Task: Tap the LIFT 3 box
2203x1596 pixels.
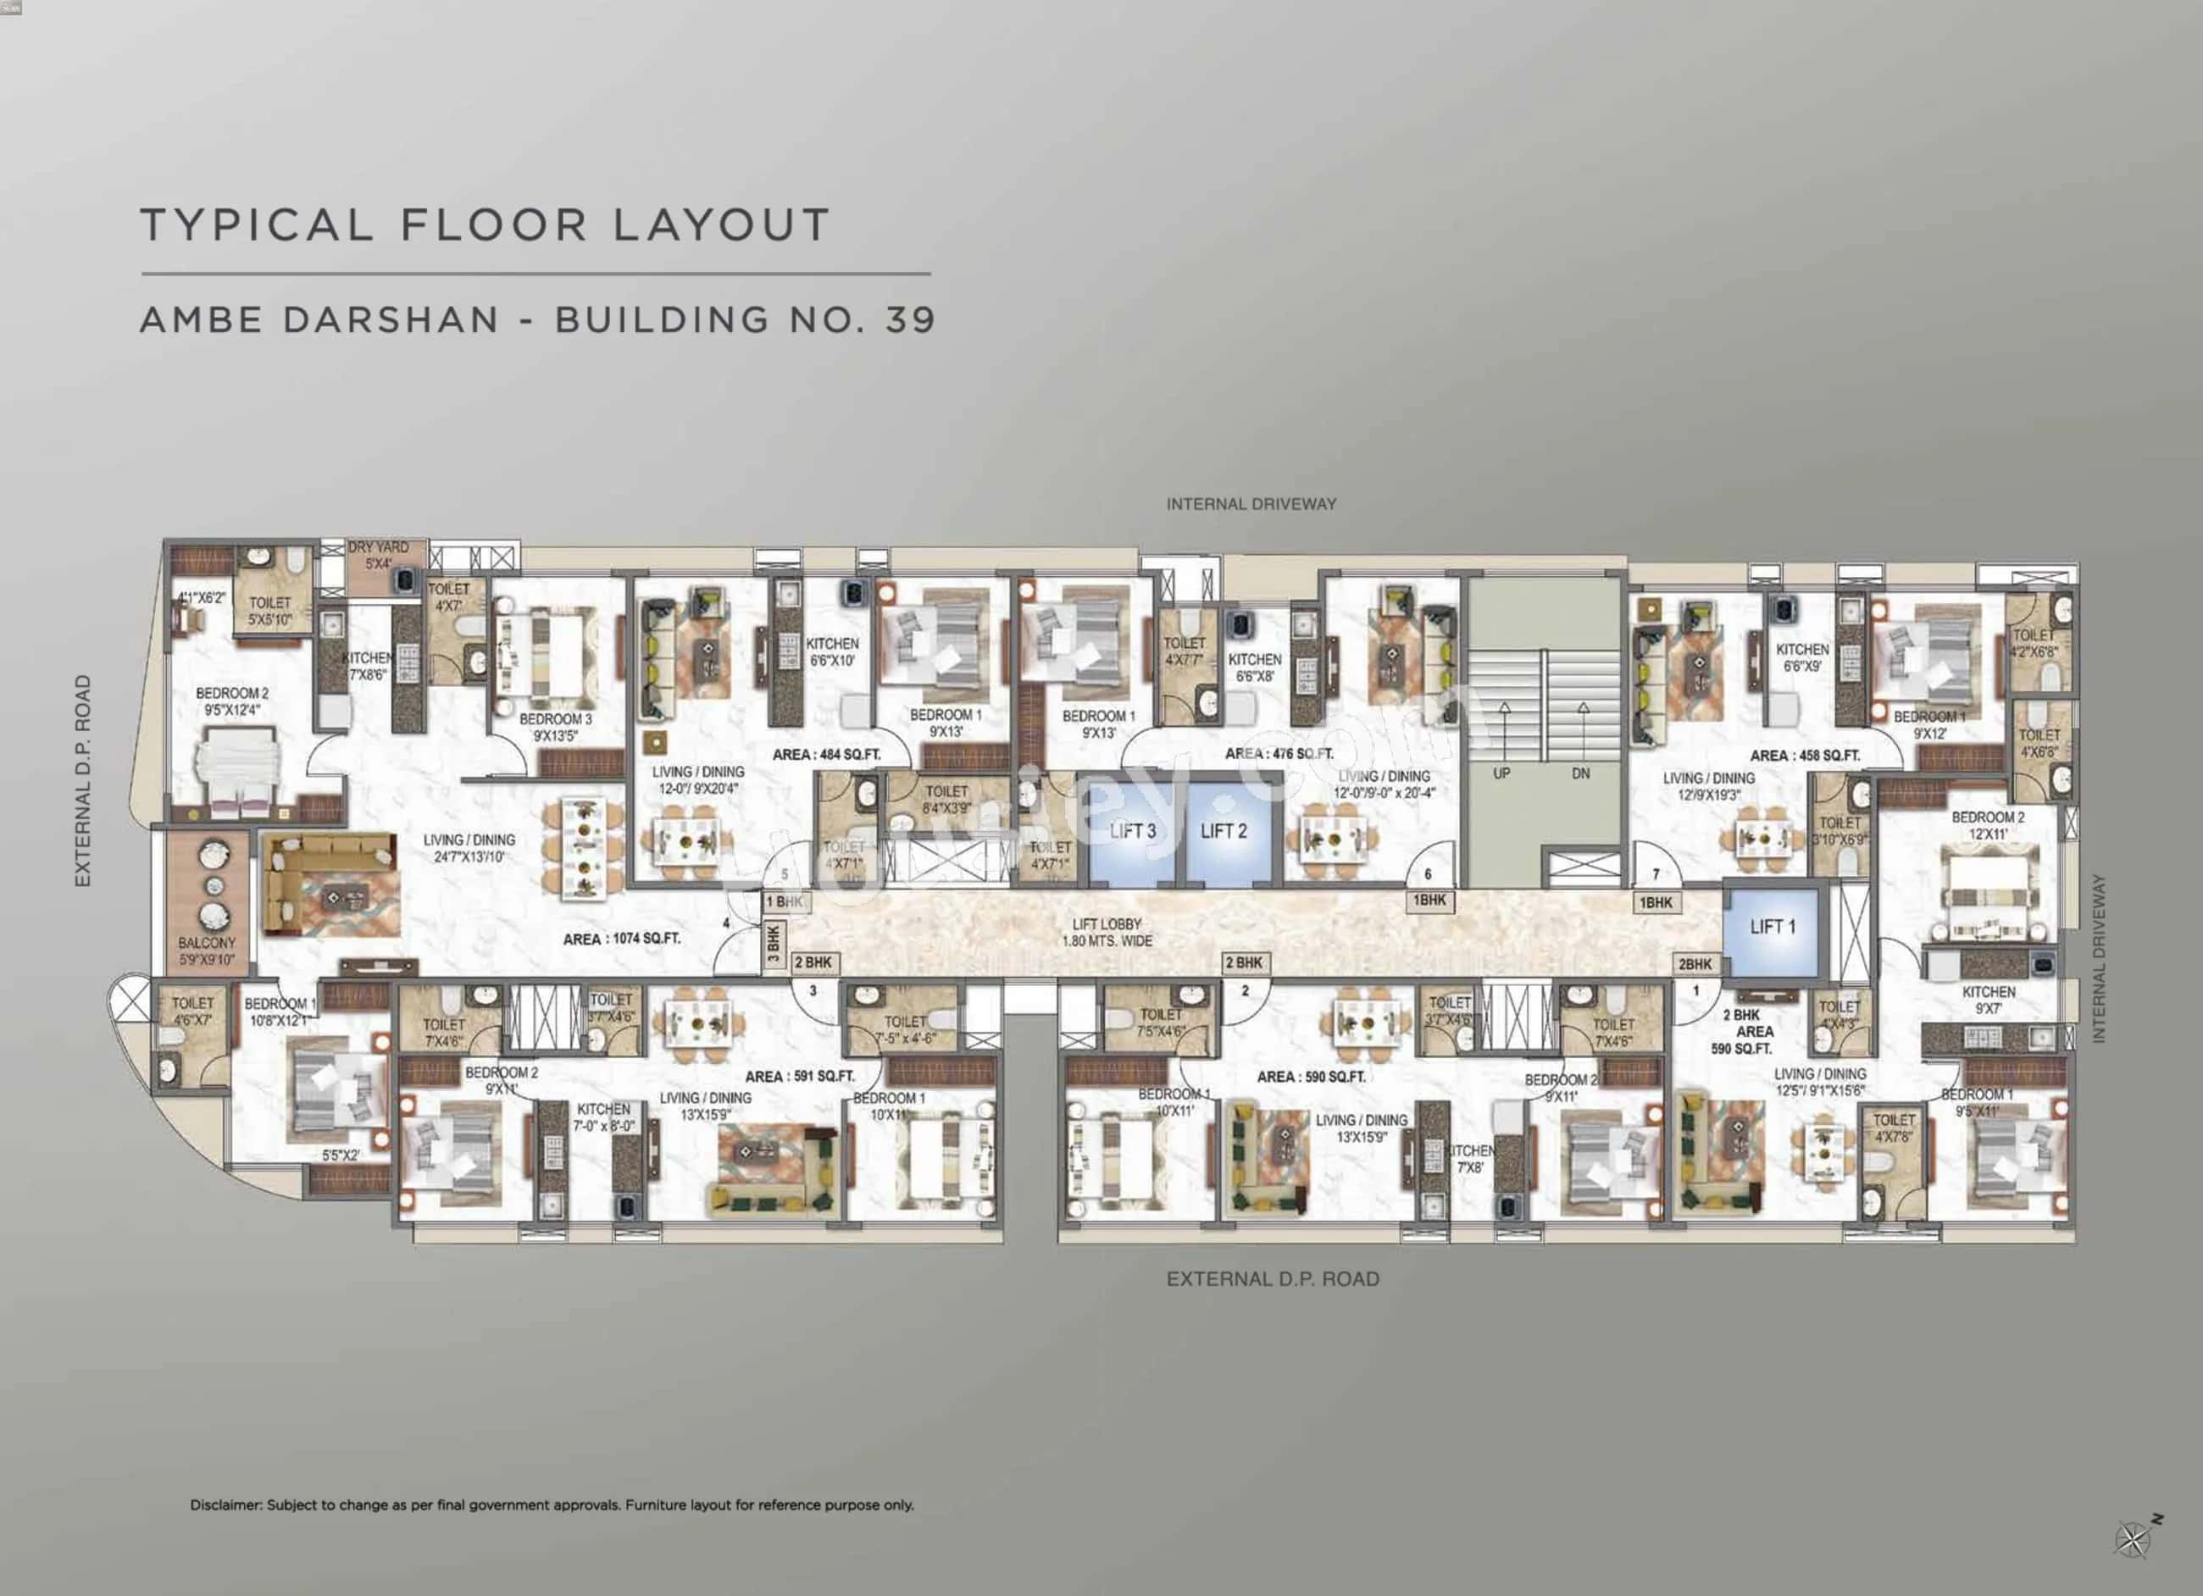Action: pos(1132,832)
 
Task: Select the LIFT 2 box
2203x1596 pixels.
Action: pos(1223,832)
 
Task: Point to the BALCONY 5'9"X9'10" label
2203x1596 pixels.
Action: pos(206,951)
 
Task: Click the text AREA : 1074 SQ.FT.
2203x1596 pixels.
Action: pos(622,939)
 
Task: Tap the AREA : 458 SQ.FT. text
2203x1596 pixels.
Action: pos(1805,756)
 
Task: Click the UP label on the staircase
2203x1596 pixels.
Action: pos(1501,774)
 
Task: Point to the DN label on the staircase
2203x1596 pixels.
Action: pos(1580,774)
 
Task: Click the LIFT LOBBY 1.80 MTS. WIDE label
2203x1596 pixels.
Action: pos(1107,933)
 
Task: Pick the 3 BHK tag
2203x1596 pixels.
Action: pos(774,943)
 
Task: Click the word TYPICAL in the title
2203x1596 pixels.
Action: pos(257,224)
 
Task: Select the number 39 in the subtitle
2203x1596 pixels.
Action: pos(910,319)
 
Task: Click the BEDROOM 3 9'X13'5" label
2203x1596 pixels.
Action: pos(555,727)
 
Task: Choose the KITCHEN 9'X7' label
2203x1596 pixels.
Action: pos(1989,1000)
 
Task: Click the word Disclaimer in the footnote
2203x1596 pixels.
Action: pos(225,1505)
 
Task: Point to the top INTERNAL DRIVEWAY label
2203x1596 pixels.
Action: pos(1251,504)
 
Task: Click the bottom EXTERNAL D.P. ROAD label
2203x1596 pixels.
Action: pos(1273,1279)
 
